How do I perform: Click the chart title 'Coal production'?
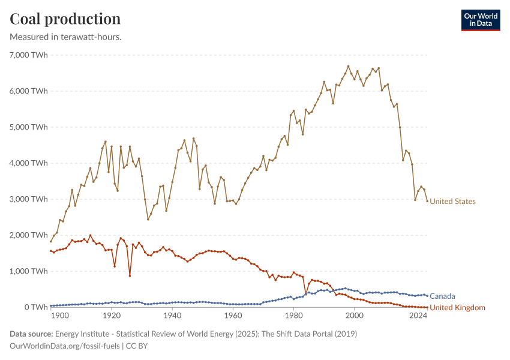(x=65, y=19)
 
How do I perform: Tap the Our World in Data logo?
(x=480, y=20)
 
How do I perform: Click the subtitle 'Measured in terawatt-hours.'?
(x=66, y=37)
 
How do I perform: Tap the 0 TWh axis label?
(x=35, y=307)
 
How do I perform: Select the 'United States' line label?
(x=452, y=202)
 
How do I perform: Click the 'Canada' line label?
(x=442, y=296)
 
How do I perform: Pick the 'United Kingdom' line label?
(x=458, y=308)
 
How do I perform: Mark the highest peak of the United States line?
(x=348, y=66)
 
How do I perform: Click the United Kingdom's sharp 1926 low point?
(x=130, y=276)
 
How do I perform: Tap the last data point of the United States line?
(x=427, y=201)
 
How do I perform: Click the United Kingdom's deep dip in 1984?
(x=305, y=294)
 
